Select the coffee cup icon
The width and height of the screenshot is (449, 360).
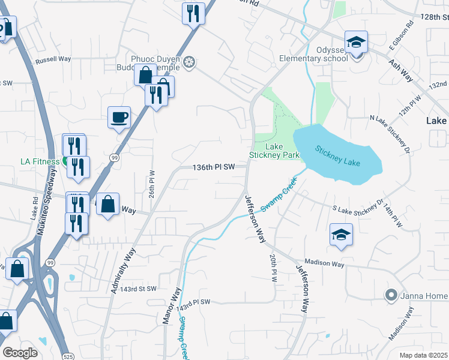pyautogui.click(x=119, y=116)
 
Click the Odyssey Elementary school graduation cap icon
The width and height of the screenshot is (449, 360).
pyautogui.click(x=356, y=42)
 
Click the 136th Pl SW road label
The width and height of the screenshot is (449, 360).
pyautogui.click(x=213, y=167)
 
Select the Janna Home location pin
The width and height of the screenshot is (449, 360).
pyautogui.click(x=391, y=295)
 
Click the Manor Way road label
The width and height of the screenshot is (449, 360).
pyautogui.click(x=172, y=306)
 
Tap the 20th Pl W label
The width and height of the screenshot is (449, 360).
pyautogui.click(x=273, y=267)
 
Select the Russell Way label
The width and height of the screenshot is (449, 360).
pyautogui.click(x=53, y=60)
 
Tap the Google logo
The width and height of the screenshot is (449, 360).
pyautogui.click(x=20, y=353)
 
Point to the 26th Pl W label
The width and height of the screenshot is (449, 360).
pyautogui.click(x=152, y=187)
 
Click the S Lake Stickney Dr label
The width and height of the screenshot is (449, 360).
pyautogui.click(x=358, y=208)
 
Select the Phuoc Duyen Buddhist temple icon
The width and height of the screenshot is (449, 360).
pyautogui.click(x=190, y=62)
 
